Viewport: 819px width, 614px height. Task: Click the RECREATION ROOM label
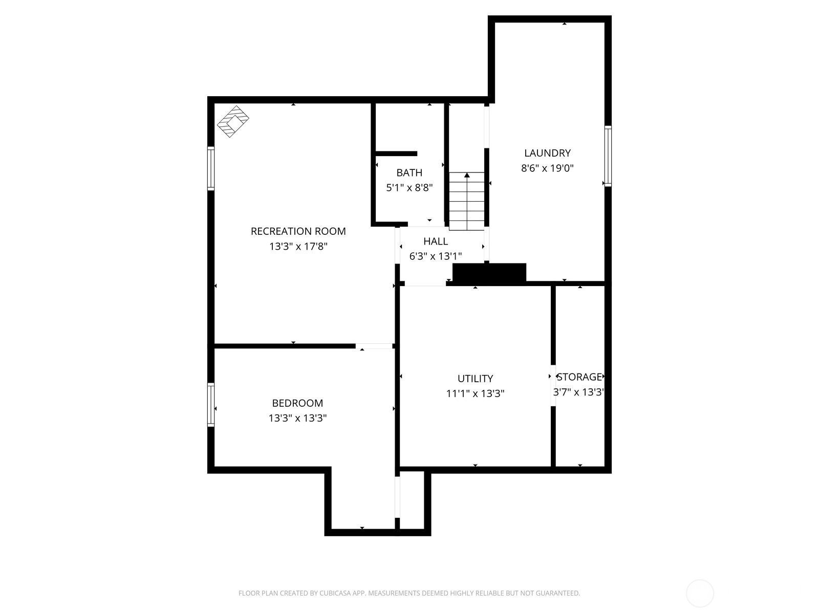pyautogui.click(x=298, y=231)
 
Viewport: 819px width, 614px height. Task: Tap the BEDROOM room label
pyautogui.click(x=297, y=403)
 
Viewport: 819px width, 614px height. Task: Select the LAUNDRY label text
pyautogui.click(x=547, y=153)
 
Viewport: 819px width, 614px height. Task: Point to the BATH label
pyautogui.click(x=409, y=172)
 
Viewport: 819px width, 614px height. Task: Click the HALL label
pyautogui.click(x=436, y=241)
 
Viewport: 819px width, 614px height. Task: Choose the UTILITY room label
pyautogui.click(x=475, y=379)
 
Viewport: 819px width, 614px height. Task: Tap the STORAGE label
pyautogui.click(x=579, y=377)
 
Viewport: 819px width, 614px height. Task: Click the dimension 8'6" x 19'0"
pyautogui.click(x=547, y=168)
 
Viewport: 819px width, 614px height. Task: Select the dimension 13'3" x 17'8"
pyautogui.click(x=298, y=247)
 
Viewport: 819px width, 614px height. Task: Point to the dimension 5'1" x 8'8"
pyautogui.click(x=409, y=187)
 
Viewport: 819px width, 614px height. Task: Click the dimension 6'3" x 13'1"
pyautogui.click(x=436, y=256)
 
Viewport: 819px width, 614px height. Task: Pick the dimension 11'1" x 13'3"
pyautogui.click(x=475, y=393)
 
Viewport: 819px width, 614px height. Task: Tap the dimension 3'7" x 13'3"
pyautogui.click(x=578, y=392)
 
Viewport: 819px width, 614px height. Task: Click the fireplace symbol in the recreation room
pyautogui.click(x=233, y=121)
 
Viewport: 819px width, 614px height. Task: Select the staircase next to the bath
pyautogui.click(x=466, y=201)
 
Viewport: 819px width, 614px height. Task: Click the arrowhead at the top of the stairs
pyautogui.click(x=467, y=175)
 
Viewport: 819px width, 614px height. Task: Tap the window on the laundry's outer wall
pyautogui.click(x=608, y=156)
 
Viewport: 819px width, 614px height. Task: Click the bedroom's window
pyautogui.click(x=211, y=405)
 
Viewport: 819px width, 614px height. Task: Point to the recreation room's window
pyautogui.click(x=211, y=168)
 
